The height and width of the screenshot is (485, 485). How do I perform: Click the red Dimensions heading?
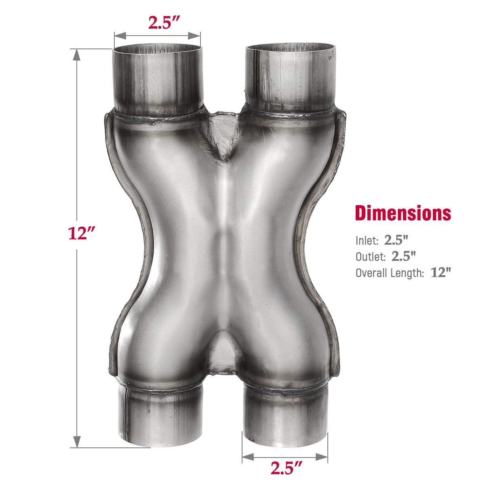click(x=403, y=213)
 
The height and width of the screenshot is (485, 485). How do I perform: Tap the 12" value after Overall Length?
click(x=441, y=273)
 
